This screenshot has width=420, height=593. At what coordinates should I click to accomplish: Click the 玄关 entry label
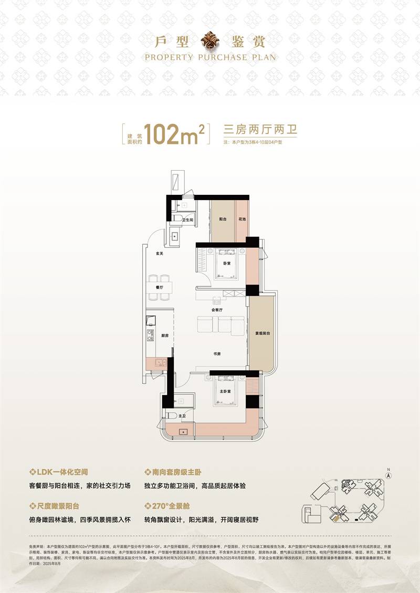point(159,254)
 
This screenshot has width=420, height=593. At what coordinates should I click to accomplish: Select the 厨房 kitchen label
point(164,336)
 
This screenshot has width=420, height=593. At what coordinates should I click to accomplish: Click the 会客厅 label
point(217,310)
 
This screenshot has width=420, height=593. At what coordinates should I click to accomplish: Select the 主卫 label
point(182,416)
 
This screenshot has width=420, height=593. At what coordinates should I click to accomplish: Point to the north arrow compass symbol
point(388,473)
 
